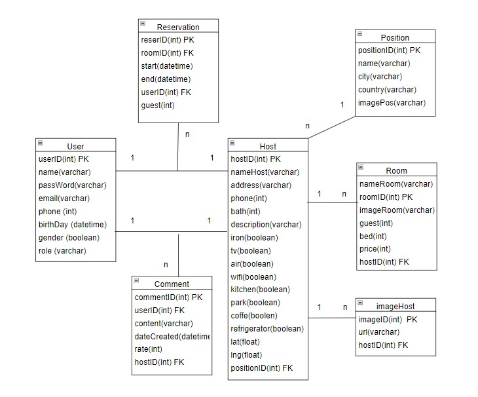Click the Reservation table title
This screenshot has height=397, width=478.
[178, 27]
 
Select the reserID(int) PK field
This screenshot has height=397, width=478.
[164, 40]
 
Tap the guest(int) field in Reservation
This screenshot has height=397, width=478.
[158, 105]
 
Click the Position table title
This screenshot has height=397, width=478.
[395, 37]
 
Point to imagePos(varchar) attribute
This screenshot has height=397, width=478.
[392, 103]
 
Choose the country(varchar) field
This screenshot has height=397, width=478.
[387, 90]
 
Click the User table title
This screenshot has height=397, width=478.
[75, 146]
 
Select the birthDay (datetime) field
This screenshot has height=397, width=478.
[72, 225]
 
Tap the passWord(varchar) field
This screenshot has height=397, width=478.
[72, 185]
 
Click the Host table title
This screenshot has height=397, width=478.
[268, 146]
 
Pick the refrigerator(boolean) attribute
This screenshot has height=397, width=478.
[267, 329]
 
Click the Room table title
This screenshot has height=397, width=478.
[396, 171]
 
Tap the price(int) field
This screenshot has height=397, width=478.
[375, 249]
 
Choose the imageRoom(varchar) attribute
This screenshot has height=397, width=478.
[397, 210]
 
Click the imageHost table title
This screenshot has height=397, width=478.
[395, 306]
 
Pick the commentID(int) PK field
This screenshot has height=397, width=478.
[168, 297]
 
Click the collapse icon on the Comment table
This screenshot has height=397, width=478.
[136, 280]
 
